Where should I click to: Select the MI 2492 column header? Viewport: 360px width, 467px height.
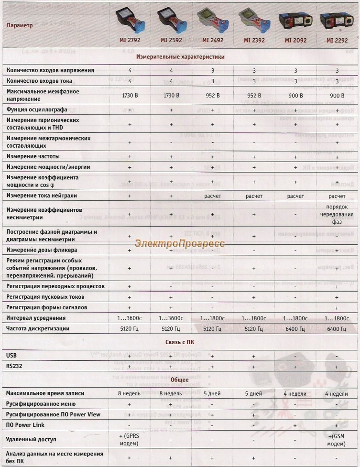point(213,40)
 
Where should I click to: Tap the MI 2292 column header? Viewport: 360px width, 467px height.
point(338,40)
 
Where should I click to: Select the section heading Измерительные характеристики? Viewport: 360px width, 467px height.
point(180,56)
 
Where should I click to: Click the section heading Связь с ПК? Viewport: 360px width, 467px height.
point(180,342)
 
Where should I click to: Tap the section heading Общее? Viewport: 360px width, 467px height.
point(180,380)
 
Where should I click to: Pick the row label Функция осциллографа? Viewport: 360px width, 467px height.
point(36,109)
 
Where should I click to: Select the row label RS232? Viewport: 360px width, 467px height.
point(14,366)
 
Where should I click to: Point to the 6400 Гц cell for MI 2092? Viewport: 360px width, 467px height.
point(295,329)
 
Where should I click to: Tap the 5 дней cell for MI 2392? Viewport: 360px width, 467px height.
point(253,393)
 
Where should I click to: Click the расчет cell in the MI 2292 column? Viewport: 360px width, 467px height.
point(338,196)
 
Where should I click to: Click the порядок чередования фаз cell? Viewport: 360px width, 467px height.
point(338,214)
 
